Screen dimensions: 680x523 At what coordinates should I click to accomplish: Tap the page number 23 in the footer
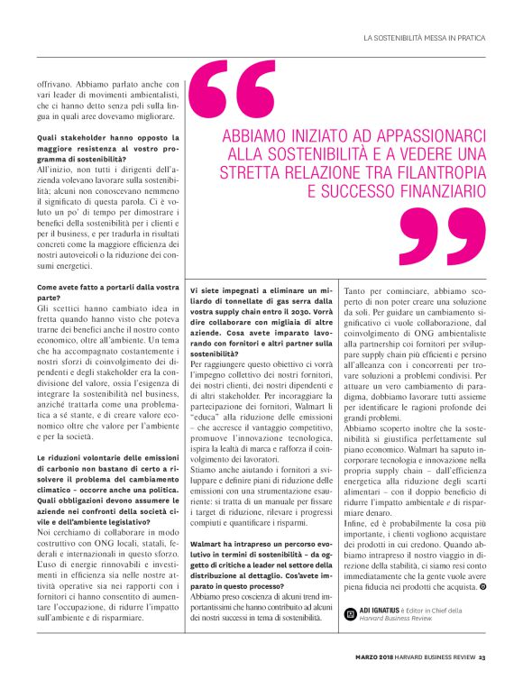click(x=483, y=657)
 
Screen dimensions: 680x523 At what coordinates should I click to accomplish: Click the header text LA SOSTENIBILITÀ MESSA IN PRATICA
click(x=424, y=38)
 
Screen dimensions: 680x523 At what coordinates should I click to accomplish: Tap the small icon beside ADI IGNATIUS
click(x=351, y=613)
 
